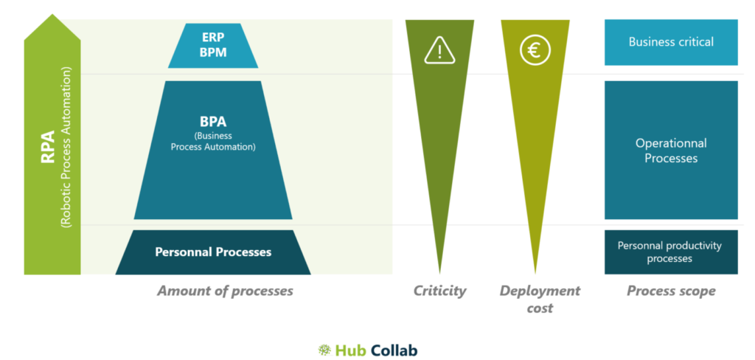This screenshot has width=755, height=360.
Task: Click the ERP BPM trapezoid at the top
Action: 213,46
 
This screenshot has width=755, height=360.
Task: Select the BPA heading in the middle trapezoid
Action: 213,122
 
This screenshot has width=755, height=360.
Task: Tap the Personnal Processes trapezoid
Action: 213,252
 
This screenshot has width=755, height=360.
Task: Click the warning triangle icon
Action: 439,51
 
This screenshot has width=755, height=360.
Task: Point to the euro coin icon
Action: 535,50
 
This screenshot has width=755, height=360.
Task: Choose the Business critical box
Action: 671,42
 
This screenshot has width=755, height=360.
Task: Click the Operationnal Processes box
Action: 671,150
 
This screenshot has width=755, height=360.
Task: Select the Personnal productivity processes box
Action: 671,252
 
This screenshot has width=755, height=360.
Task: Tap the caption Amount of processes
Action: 226,291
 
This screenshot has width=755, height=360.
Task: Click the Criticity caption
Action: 439,291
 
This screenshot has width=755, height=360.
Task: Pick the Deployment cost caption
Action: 540,299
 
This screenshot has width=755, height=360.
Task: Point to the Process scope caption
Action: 671,291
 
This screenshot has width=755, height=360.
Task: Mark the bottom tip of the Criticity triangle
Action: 439,274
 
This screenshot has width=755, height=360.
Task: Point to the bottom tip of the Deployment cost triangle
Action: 535,274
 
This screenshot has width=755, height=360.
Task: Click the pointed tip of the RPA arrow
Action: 52,14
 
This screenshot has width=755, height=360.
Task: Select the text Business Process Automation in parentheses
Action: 213,141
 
